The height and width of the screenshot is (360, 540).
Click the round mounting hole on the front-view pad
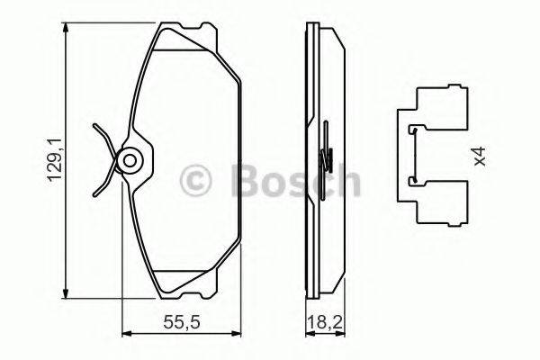(130, 162)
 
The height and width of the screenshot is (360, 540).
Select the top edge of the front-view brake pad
(184, 28)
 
